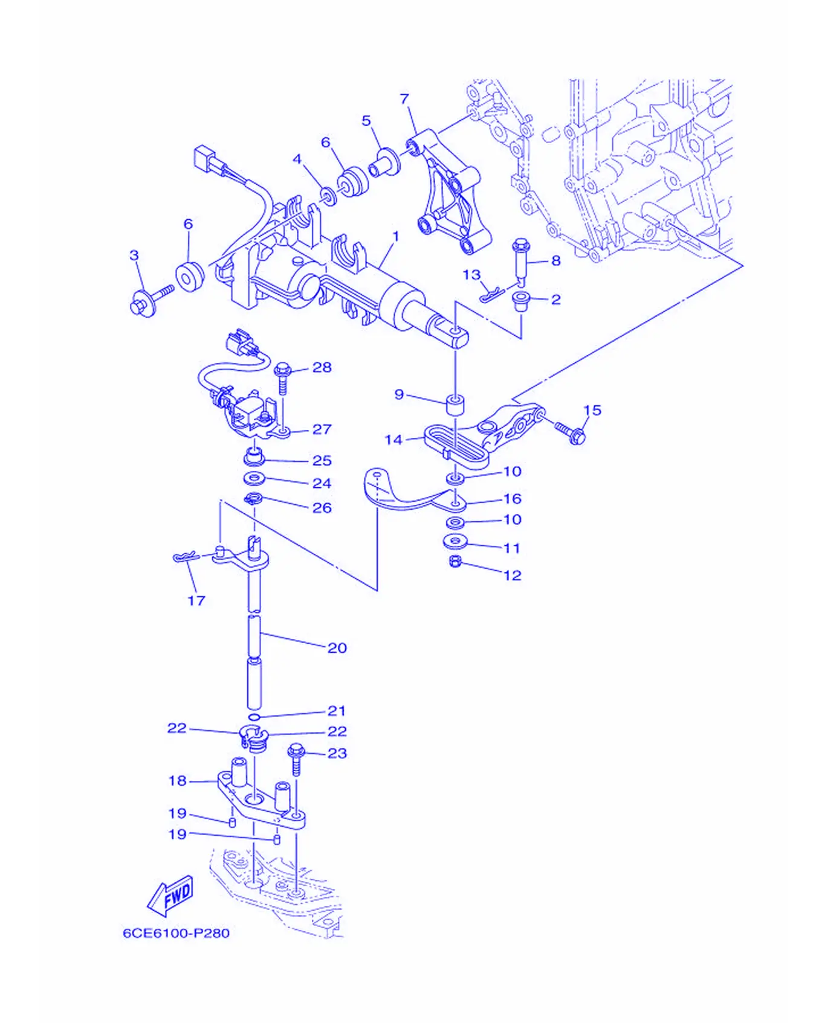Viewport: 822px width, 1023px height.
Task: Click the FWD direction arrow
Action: (170, 896)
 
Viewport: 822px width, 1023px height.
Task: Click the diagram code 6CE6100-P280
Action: (176, 933)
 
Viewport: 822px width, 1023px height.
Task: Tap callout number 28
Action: (322, 367)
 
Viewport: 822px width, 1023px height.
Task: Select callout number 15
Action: (592, 410)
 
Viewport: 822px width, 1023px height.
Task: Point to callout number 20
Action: (337, 648)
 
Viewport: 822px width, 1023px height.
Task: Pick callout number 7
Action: (404, 98)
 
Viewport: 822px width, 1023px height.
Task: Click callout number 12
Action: (512, 575)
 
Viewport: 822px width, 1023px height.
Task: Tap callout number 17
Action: (196, 600)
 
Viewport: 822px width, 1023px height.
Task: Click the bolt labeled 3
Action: (152, 300)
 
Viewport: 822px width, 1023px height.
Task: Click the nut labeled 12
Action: (456, 562)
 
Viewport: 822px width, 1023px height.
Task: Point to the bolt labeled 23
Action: (296, 759)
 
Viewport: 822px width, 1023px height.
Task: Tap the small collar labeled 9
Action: (455, 405)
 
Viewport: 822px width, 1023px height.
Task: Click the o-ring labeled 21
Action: (254, 717)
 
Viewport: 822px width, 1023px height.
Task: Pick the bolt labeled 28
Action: (282, 378)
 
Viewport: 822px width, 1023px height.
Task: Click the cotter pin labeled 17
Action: (184, 557)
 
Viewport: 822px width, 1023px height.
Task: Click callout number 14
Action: (393, 440)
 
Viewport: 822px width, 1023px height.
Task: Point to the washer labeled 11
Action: (455, 541)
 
